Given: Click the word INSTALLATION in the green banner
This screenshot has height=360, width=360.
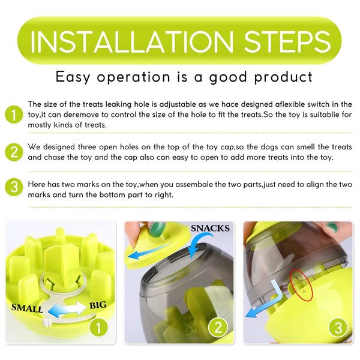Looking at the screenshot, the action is click(132, 41).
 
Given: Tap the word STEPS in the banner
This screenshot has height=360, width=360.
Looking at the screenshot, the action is click(287, 41).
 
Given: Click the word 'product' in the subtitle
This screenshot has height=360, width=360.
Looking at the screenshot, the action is click(283, 77).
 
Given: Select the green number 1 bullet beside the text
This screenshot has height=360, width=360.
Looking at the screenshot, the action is click(14, 115).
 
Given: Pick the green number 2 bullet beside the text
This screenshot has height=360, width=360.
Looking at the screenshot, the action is click(14, 152).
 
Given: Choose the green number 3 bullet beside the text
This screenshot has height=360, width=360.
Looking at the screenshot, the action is click(14, 187).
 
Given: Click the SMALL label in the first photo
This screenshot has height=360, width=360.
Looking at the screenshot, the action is click(27, 308).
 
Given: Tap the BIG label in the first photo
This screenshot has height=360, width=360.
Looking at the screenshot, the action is click(98, 305).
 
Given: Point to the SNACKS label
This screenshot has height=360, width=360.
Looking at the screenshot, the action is click(210, 228).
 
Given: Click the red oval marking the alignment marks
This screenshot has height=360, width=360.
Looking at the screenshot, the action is click(301, 285).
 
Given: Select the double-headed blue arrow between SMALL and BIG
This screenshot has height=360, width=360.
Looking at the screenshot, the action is click(67, 309).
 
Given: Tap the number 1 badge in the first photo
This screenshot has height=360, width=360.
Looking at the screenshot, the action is click(98, 328).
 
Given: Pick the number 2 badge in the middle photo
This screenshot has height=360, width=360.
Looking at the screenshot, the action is click(218, 328).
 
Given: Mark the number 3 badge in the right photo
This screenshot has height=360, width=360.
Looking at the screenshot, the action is click(338, 328).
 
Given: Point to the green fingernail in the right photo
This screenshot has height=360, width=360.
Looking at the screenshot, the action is click(332, 227).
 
